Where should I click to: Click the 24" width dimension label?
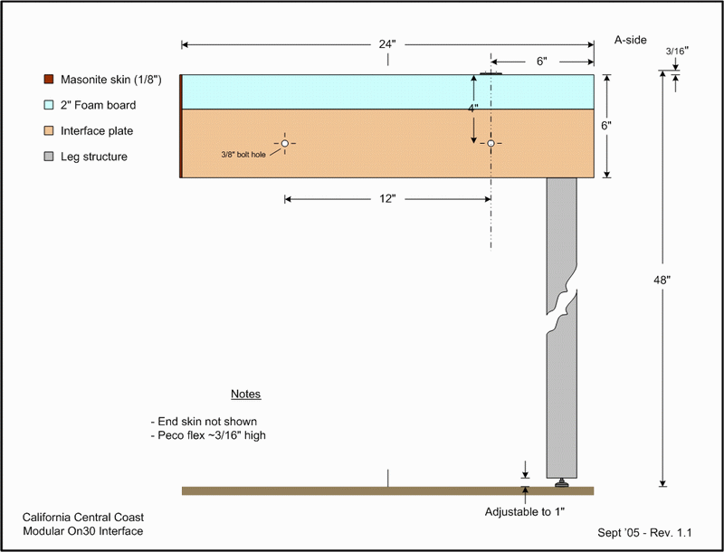(387, 44)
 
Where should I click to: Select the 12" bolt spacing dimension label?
(387, 199)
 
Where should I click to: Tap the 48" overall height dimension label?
(662, 280)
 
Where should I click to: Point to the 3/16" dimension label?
(677, 51)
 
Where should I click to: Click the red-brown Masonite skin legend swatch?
(49, 80)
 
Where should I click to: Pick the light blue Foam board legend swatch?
(49, 105)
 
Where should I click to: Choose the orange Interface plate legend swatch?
(49, 131)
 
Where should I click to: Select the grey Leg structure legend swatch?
(49, 157)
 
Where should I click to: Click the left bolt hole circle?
(285, 144)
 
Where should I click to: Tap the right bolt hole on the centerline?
(491, 144)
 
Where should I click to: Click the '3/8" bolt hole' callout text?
(243, 155)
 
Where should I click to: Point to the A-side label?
(630, 40)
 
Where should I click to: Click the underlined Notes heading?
(245, 395)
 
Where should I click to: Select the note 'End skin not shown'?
(204, 422)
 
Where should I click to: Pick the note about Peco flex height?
(208, 435)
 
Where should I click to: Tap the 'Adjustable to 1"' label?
(525, 512)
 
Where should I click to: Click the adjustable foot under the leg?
(561, 482)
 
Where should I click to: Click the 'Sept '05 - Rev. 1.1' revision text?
(644, 533)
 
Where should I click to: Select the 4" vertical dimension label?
(472, 108)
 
